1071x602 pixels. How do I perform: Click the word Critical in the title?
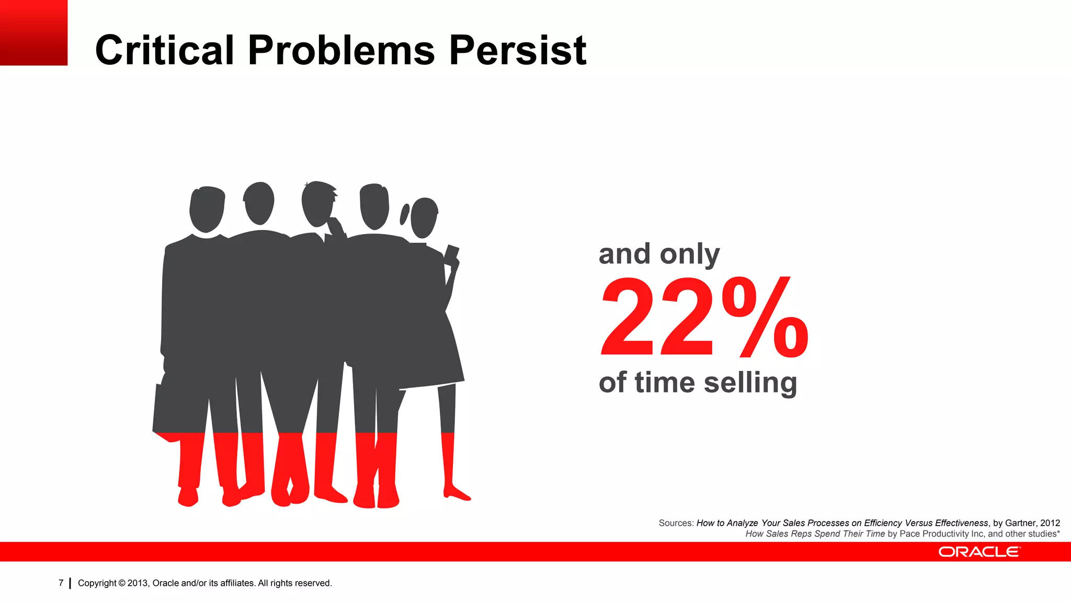point(164,50)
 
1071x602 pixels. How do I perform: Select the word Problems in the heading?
point(341,50)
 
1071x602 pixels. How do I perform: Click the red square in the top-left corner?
point(33,32)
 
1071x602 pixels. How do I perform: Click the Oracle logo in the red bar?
point(978,552)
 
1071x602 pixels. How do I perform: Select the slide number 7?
point(61,583)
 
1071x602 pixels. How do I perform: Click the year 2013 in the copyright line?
point(138,583)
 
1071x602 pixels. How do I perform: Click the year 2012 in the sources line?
point(1050,523)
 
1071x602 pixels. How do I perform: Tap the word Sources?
point(676,523)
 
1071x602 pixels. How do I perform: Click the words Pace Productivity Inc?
point(941,534)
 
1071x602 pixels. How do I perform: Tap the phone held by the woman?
point(451,252)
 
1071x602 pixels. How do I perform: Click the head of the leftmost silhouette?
point(207,209)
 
